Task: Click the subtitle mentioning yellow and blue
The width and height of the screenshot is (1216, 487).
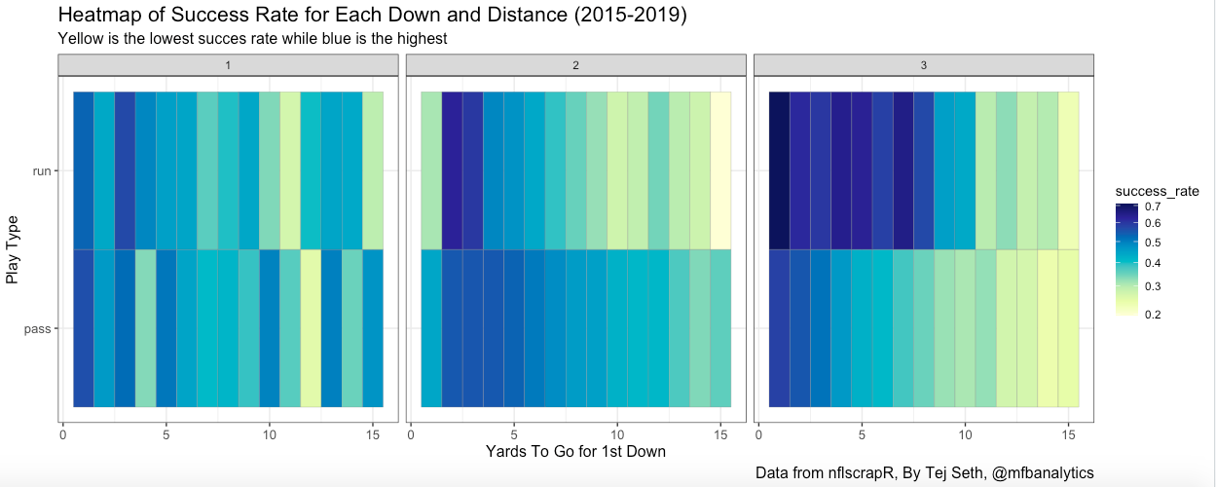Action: (252, 39)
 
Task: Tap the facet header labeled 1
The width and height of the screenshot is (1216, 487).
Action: (228, 64)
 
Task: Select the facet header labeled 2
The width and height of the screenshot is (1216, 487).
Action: (575, 64)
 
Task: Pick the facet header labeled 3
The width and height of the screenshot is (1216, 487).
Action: (924, 64)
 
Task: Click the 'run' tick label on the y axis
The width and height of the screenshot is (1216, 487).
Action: (42, 171)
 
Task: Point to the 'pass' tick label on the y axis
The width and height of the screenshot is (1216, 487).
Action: (39, 329)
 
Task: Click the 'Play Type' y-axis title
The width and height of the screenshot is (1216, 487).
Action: (13, 250)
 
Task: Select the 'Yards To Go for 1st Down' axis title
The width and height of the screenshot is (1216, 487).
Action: (575, 452)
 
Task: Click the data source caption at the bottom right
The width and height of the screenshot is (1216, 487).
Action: (924, 473)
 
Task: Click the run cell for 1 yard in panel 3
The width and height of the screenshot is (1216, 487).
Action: (779, 170)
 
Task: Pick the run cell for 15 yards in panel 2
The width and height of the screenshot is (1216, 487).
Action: (720, 170)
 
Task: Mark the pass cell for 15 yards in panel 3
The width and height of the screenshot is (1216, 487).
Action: (1068, 328)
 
